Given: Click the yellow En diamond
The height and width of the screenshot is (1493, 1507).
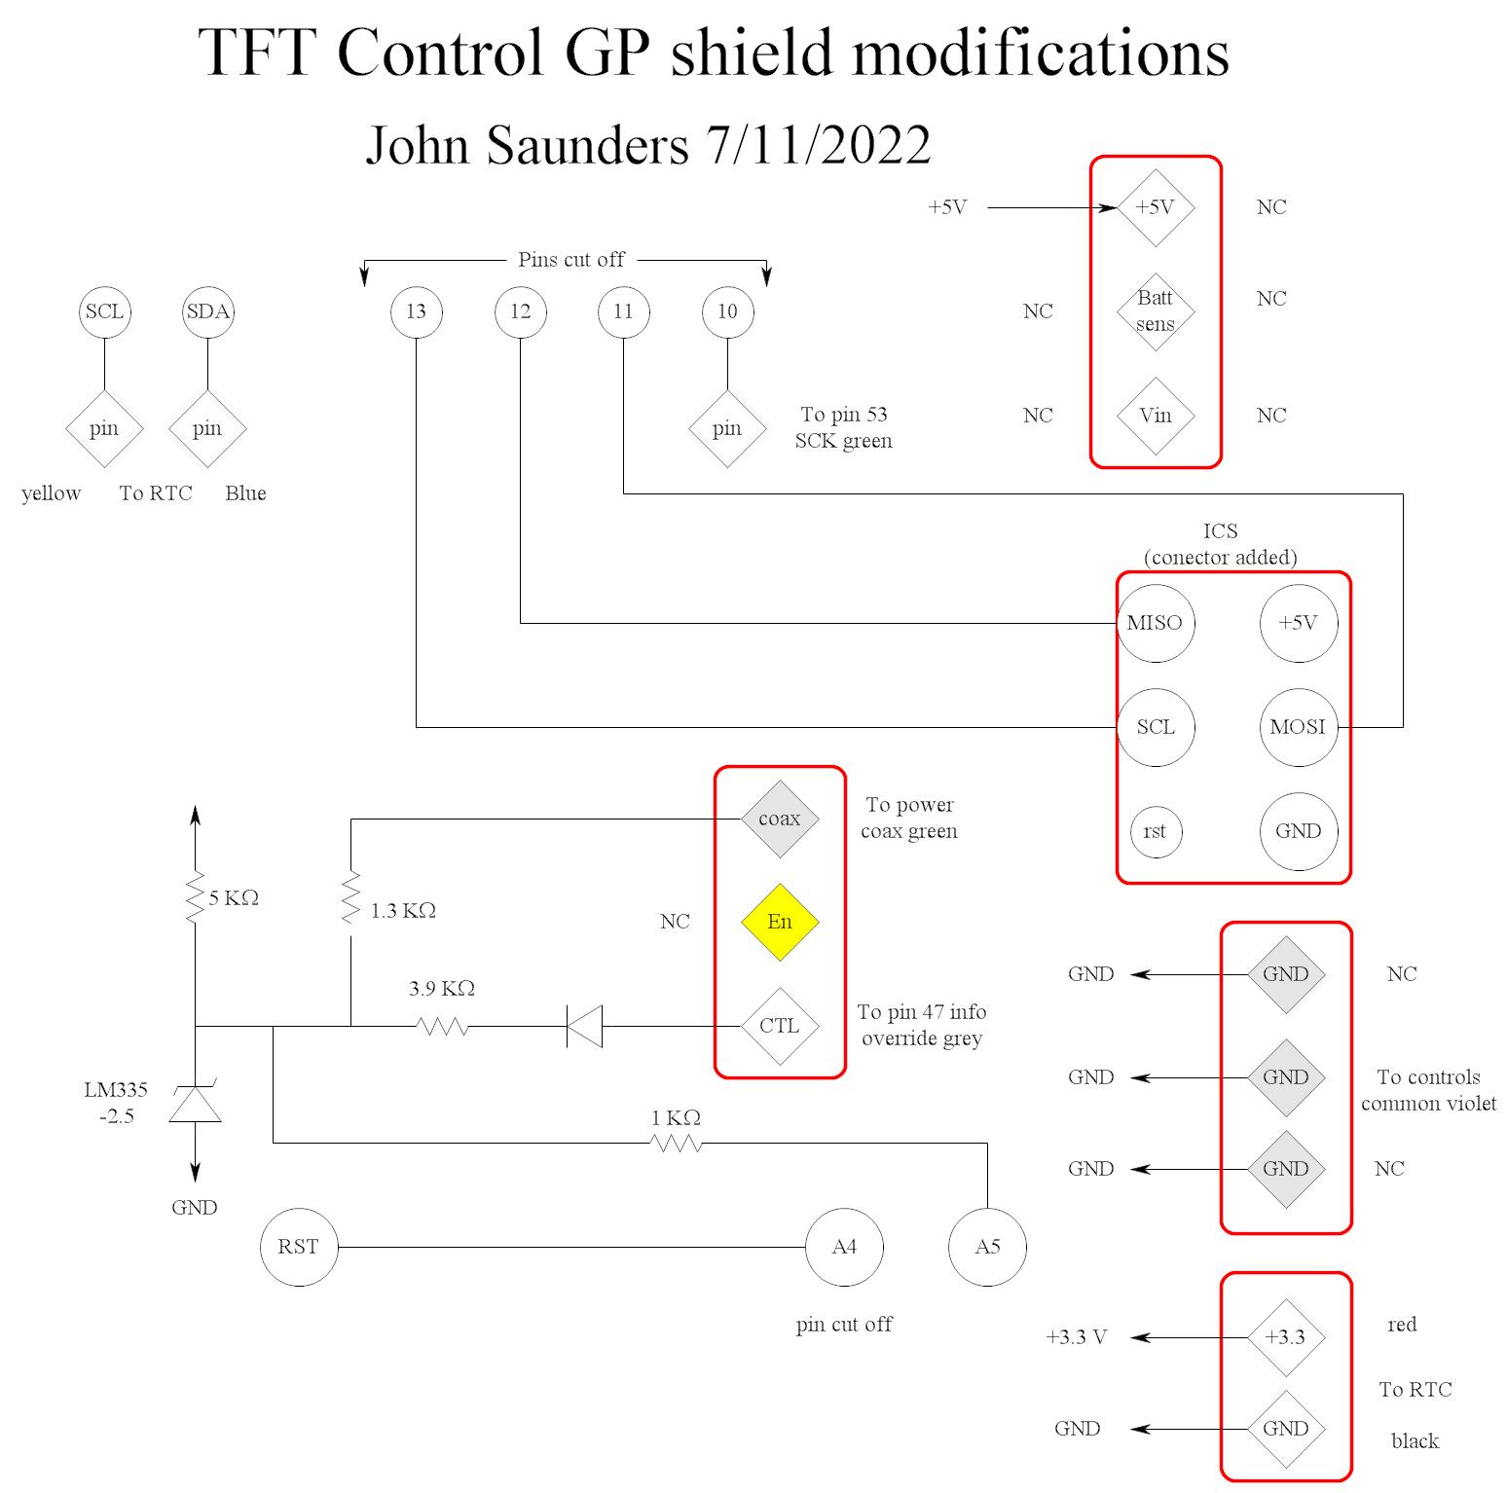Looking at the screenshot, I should click(779, 922).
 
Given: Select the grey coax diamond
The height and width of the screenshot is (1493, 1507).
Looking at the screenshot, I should click(779, 819).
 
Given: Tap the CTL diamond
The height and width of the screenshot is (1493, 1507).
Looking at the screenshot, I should click(779, 1026).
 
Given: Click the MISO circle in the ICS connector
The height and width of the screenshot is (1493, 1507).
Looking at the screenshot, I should click(1155, 623).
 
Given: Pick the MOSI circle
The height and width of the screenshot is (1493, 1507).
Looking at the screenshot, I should click(1298, 727).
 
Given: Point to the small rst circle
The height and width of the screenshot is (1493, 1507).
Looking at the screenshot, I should click(1155, 831).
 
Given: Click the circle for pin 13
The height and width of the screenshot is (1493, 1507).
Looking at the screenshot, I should click(416, 311).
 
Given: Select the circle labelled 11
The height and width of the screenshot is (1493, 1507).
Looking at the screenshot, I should click(623, 311).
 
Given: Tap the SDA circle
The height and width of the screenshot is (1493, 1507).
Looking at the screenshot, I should click(207, 311).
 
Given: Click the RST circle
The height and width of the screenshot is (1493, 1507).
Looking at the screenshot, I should click(298, 1247).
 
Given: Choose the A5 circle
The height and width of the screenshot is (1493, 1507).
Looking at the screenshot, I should click(987, 1247).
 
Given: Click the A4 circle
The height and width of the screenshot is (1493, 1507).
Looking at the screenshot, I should click(844, 1247).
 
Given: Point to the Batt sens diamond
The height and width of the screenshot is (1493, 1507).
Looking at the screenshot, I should click(1155, 311).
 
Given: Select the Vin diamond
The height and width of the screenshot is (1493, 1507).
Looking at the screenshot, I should click(1155, 416).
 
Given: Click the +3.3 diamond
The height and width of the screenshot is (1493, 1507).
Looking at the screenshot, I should click(1285, 1337).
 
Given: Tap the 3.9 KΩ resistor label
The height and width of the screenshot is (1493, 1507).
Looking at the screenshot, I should click(442, 989).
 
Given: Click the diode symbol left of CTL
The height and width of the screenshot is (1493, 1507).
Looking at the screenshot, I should click(585, 1026).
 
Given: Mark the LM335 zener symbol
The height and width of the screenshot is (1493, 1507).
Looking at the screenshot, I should click(195, 1104).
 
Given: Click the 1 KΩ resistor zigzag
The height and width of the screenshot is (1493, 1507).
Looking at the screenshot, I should click(676, 1144).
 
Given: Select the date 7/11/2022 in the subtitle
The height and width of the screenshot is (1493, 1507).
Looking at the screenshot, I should click(818, 146).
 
